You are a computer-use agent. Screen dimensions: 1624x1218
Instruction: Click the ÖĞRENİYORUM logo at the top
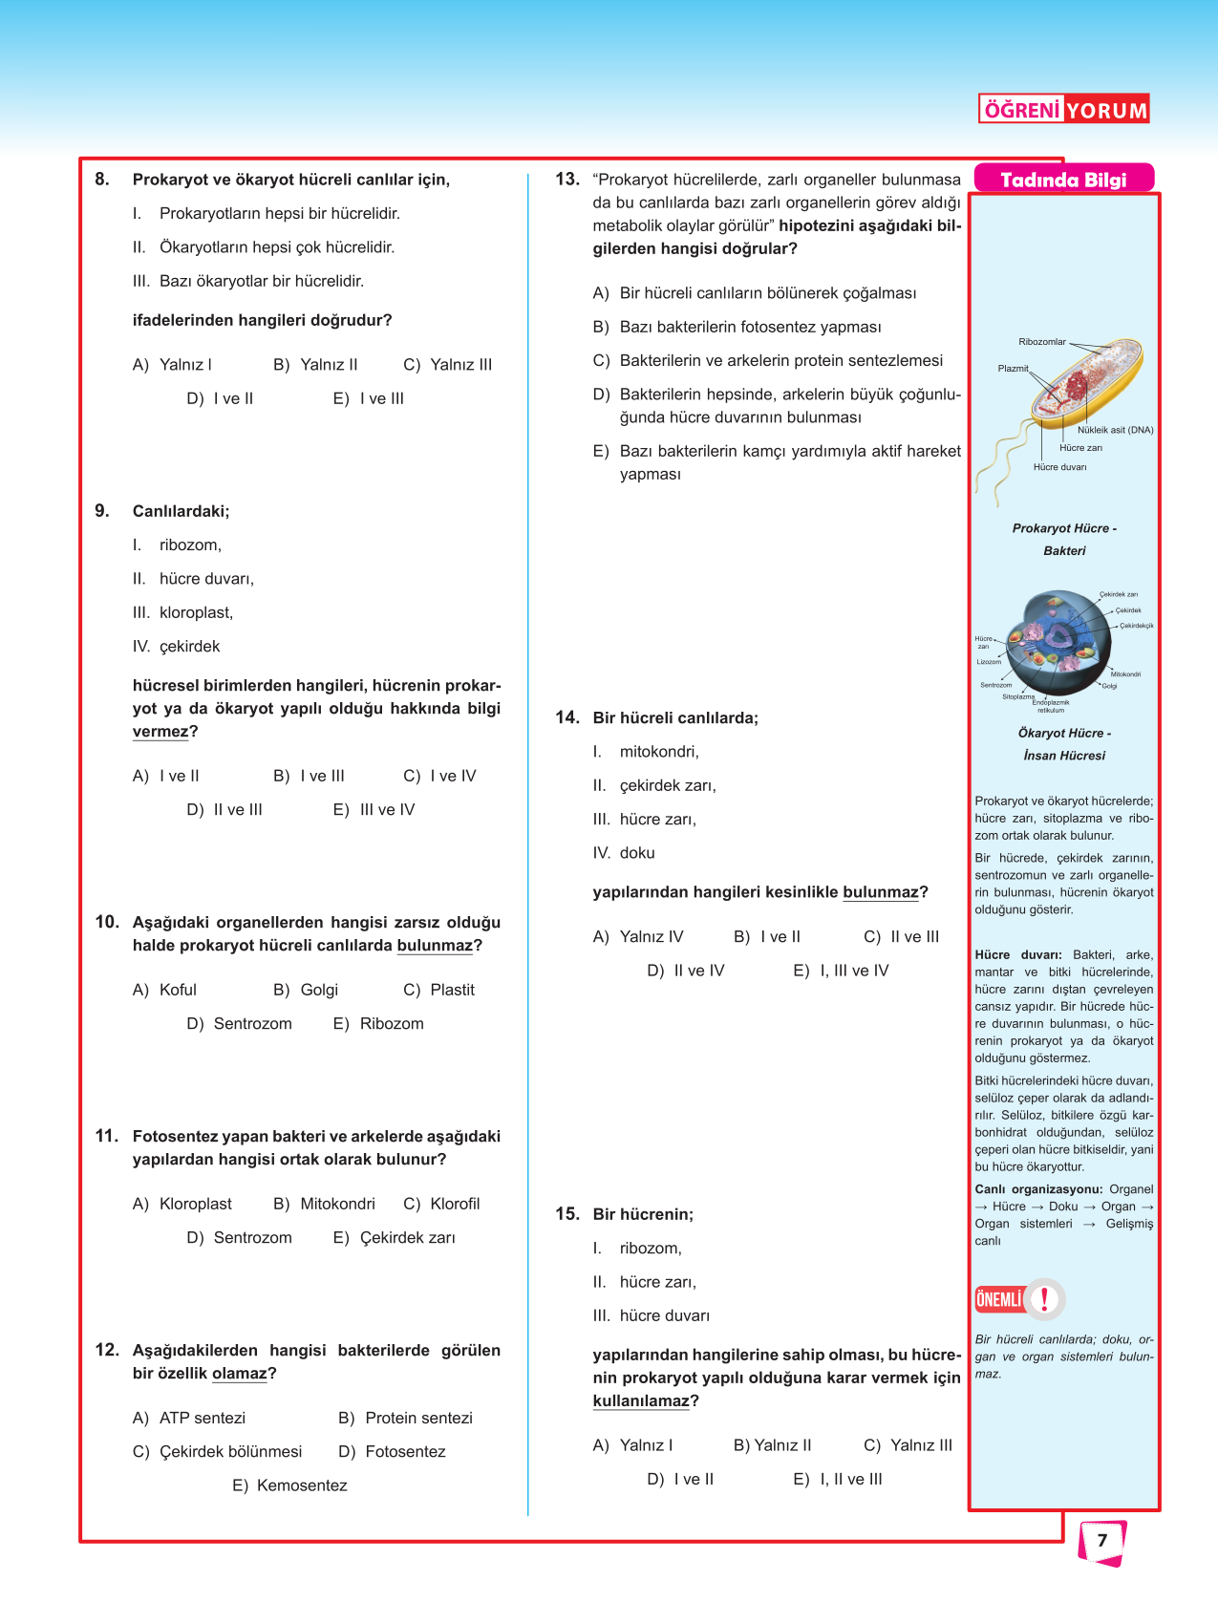tap(1063, 110)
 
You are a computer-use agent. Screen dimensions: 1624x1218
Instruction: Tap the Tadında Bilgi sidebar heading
tap(1063, 180)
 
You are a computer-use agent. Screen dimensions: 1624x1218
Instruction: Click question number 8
tap(102, 180)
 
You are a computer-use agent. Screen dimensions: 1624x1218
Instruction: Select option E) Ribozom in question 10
tap(378, 1024)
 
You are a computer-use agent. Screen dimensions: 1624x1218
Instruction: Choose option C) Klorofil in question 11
tap(441, 1204)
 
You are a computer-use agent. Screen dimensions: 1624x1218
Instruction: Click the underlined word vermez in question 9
tap(160, 732)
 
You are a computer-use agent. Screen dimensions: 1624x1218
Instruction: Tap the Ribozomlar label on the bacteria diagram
tap(1041, 342)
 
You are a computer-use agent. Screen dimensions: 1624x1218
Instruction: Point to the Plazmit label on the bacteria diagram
tap(1013, 369)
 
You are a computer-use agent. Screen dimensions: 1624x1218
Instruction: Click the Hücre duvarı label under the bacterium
tap(1059, 467)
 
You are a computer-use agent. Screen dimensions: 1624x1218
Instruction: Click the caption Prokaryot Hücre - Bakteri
tap(1064, 540)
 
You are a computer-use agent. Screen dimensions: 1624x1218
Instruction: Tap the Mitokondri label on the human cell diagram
tap(1125, 674)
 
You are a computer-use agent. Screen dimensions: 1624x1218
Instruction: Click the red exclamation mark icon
tap(1045, 1299)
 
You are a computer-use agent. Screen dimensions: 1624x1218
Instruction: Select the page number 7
tap(1101, 1541)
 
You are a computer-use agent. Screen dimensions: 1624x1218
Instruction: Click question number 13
tap(566, 180)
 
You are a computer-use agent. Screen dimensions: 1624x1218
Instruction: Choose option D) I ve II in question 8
tap(220, 399)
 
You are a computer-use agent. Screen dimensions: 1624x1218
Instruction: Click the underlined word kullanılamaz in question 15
tap(640, 1401)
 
